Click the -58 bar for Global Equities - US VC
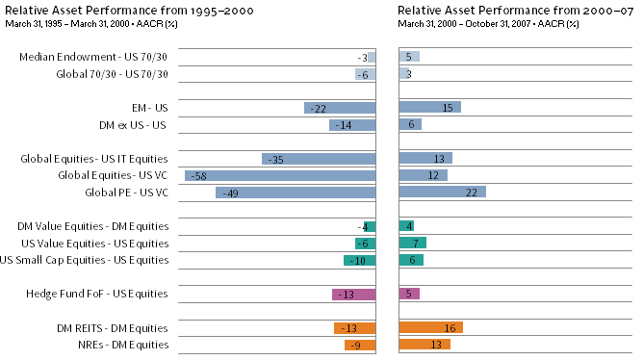[x=280, y=175]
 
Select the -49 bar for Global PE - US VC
[x=296, y=193]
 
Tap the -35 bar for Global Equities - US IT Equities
[x=319, y=159]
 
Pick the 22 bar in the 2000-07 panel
[x=442, y=193]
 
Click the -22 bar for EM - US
[x=340, y=108]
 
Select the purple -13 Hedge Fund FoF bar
[x=353, y=294]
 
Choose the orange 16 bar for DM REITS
[x=430, y=327]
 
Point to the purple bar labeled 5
[x=409, y=294]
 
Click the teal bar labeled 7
[x=412, y=243]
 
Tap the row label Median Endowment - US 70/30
[x=93, y=58]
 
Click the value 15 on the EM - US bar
[x=448, y=108]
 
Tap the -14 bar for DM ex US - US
[x=351, y=125]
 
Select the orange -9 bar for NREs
[x=360, y=345]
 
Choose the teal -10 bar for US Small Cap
[x=359, y=260]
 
